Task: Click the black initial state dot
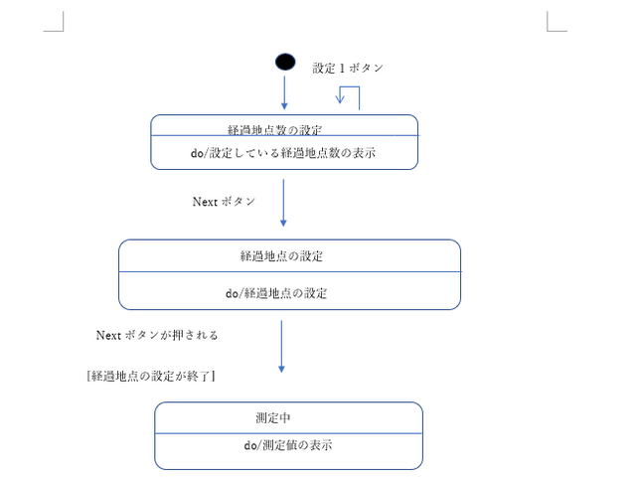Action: coord(285,62)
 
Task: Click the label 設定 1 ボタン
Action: coord(348,68)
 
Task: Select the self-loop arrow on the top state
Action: coord(349,96)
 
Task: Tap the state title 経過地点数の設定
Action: coord(274,129)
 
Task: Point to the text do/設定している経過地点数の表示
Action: coord(283,153)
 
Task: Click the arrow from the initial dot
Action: coord(284,92)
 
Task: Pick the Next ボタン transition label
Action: coord(224,201)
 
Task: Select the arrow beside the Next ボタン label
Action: coord(284,203)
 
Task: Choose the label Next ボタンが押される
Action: coord(157,335)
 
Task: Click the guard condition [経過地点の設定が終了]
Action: coord(152,376)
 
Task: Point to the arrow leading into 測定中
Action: coord(281,347)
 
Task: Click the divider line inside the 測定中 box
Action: coord(288,433)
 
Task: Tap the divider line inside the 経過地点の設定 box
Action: coord(289,271)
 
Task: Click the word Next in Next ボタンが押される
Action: coord(108,335)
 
